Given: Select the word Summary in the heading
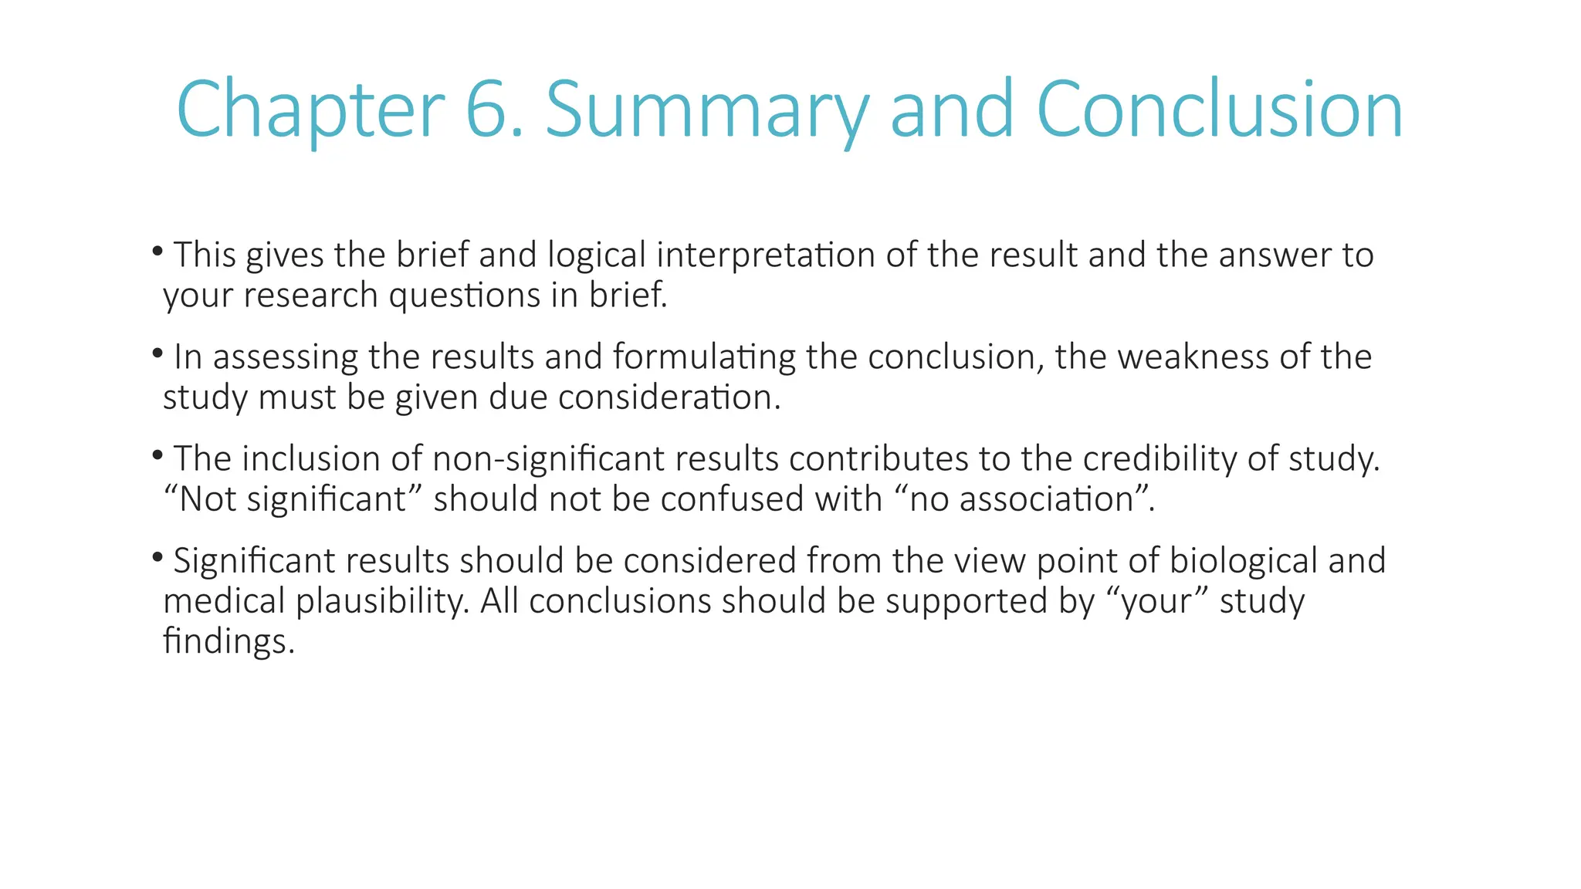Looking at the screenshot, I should [707, 110].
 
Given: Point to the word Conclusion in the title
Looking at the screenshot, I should [1219, 110].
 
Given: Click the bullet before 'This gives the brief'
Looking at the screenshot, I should [157, 250].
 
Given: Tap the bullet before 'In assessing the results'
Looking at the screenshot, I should [157, 353].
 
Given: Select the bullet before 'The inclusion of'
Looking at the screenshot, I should [157, 455].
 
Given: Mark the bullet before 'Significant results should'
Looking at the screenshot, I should [157, 556].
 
